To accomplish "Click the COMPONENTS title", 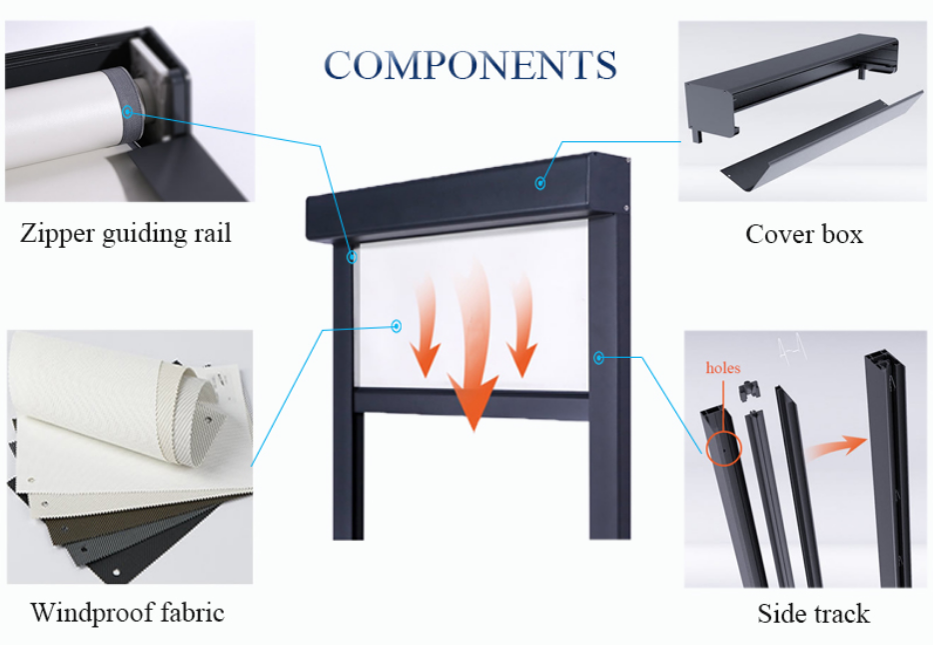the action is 470,64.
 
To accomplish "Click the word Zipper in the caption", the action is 58,233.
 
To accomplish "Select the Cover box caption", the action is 804,234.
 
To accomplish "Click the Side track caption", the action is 813,613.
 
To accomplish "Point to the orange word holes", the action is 723,367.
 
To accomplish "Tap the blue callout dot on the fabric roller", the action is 127,111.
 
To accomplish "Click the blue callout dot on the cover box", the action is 539,183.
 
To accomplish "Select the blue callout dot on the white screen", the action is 397,326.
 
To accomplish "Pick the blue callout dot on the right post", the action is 598,357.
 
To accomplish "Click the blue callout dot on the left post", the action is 352,257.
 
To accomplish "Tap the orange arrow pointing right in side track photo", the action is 837,447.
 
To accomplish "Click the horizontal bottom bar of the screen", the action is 471,401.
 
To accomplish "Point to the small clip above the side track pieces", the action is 748,391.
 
